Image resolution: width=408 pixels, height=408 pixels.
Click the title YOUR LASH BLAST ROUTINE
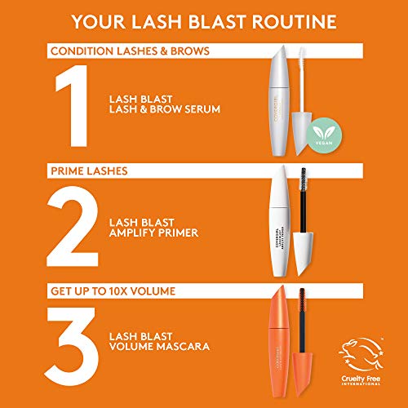pyautogui.click(x=203, y=20)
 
